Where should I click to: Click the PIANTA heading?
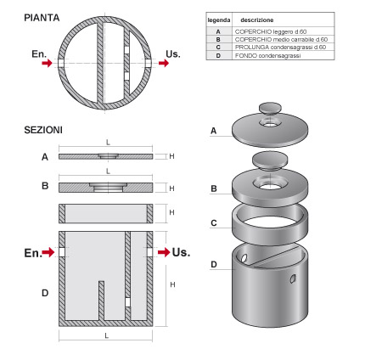(x=42, y=18)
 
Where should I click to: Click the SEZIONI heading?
(x=43, y=130)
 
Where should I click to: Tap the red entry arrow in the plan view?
(x=47, y=63)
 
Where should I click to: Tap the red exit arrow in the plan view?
(x=164, y=63)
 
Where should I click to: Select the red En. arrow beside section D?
(x=48, y=252)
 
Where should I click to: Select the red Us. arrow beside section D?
(x=164, y=252)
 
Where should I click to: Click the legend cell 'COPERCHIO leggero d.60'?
(x=271, y=31)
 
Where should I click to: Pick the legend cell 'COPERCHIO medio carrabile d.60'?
(x=281, y=39)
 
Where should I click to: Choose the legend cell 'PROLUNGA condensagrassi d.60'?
(x=280, y=47)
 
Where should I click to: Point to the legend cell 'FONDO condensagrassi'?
(x=267, y=56)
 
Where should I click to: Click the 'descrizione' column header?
(x=257, y=20)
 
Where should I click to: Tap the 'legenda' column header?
(x=219, y=20)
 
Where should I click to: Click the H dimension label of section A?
(x=171, y=156)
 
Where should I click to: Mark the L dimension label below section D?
(x=106, y=335)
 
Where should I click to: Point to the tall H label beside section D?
(x=172, y=284)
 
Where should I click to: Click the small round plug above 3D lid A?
(x=271, y=108)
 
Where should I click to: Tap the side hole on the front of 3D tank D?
(x=293, y=278)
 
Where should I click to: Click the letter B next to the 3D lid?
(x=214, y=188)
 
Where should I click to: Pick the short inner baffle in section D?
(x=101, y=301)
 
